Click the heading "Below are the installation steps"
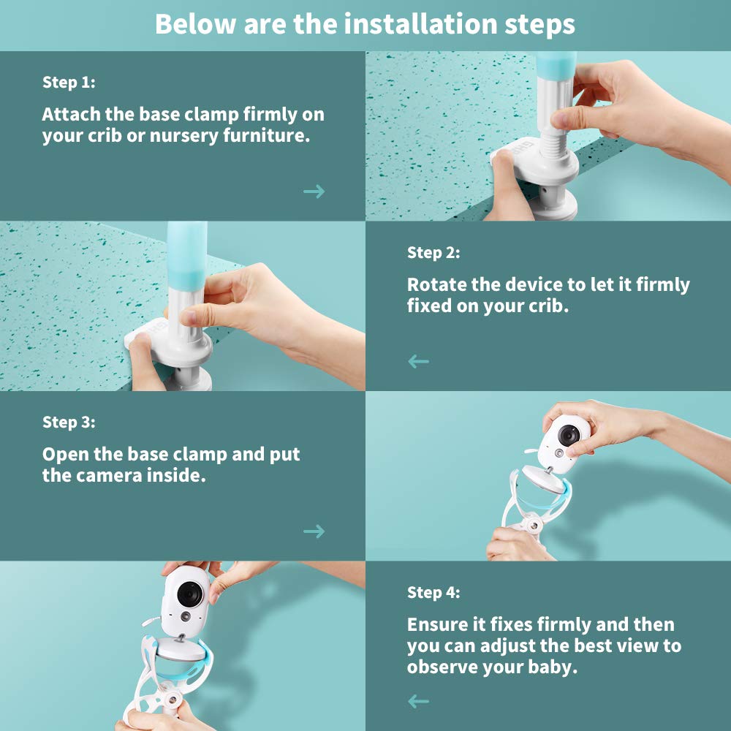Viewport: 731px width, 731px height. pyautogui.click(x=365, y=24)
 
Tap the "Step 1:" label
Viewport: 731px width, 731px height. pyautogui.click(x=69, y=82)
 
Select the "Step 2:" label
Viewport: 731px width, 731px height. pyautogui.click(x=433, y=252)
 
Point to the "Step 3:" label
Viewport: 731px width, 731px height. pyautogui.click(x=69, y=422)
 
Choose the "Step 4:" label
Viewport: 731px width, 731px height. pyautogui.click(x=433, y=592)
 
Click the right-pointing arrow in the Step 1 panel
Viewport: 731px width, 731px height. pyautogui.click(x=314, y=191)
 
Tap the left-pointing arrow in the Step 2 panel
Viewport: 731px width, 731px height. pyautogui.click(x=418, y=361)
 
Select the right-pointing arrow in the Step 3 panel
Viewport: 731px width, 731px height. pyautogui.click(x=314, y=531)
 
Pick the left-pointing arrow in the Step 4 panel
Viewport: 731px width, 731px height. pyautogui.click(x=418, y=701)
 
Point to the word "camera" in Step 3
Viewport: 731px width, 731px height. pyautogui.click(x=110, y=476)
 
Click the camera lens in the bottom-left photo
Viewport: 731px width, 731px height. pyautogui.click(x=190, y=594)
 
